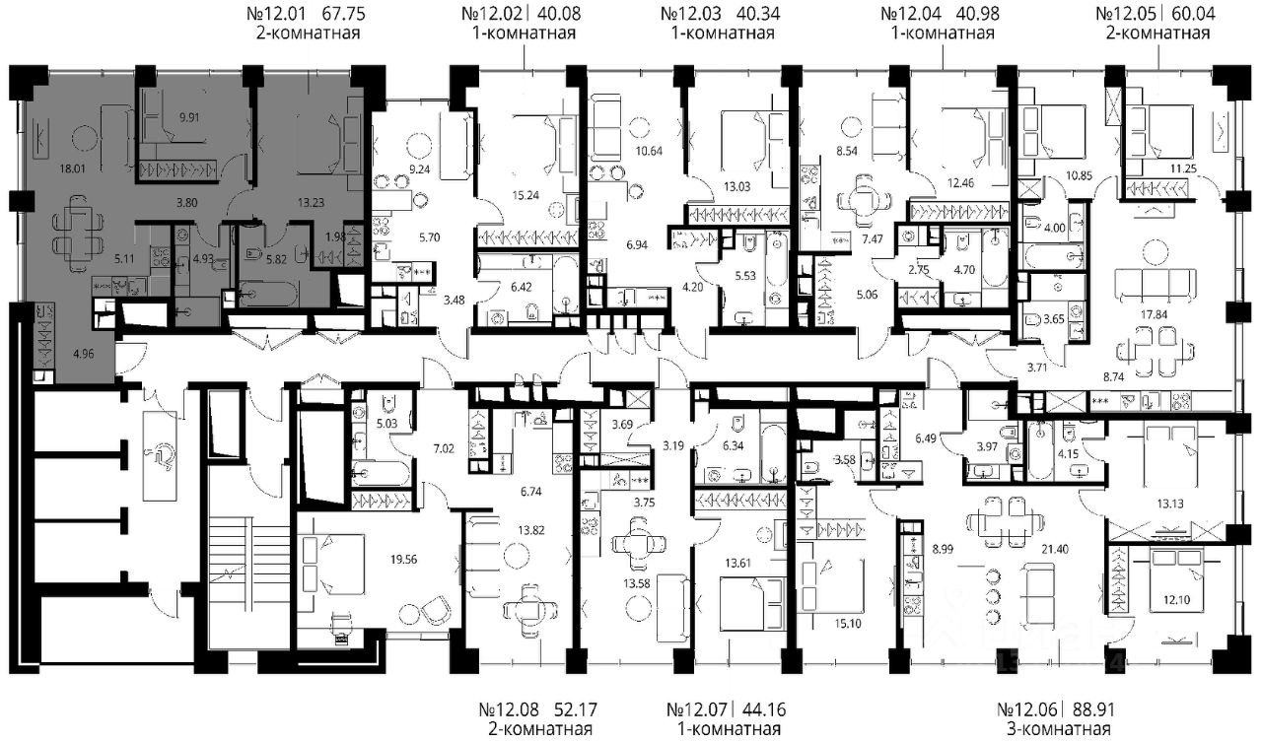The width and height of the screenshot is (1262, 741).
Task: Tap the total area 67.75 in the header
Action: click(344, 14)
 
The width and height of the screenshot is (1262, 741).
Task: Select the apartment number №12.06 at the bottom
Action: click(1028, 708)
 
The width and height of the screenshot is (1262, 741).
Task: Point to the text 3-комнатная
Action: click(1059, 730)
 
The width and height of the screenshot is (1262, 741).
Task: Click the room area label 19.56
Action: click(404, 559)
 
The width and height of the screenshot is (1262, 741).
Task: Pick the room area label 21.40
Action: click(1055, 549)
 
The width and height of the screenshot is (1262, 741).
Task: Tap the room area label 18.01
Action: click(72, 168)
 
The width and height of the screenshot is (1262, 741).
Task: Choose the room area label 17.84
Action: click(1154, 314)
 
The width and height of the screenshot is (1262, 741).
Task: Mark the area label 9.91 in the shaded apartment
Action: click(189, 117)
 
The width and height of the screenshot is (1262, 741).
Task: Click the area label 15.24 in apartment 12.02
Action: click(526, 195)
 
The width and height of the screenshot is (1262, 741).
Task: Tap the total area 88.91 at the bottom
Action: click(1091, 708)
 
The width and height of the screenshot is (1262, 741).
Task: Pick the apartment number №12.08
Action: click(510, 708)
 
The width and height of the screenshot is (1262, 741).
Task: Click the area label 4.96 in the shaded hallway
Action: click(84, 354)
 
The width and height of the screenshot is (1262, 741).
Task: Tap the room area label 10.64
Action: click(649, 151)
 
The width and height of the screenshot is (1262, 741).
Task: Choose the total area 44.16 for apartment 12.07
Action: click(763, 708)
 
